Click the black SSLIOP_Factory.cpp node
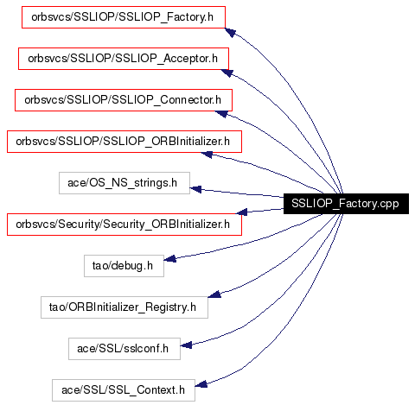point(346,204)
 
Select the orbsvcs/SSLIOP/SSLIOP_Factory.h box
point(124,17)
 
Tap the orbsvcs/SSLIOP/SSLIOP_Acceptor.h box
point(124,59)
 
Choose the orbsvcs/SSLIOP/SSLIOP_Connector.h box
point(124,100)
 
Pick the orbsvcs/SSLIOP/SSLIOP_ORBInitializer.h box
point(124,142)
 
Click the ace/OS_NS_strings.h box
point(124,183)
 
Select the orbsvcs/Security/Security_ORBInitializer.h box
point(124,225)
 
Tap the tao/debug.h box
point(124,266)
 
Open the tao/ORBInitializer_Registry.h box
point(124,307)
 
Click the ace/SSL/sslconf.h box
point(124,349)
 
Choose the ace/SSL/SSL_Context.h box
point(124,390)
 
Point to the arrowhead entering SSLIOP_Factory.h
point(230,32)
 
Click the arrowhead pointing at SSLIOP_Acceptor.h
point(227,73)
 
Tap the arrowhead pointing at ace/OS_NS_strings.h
point(195,189)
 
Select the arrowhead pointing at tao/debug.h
point(169,259)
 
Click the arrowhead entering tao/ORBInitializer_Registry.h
point(214,294)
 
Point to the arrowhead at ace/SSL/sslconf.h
point(186,345)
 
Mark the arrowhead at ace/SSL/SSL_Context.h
point(201,384)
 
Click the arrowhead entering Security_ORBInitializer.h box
point(241,212)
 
